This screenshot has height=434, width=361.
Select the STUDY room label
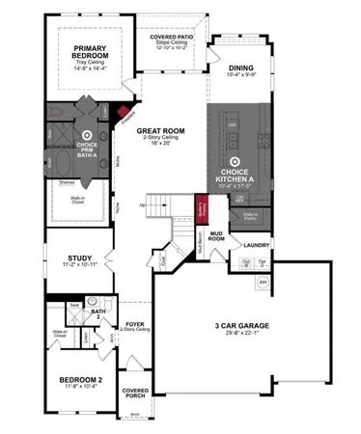pyautogui.click(x=80, y=258)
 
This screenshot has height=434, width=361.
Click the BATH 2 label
pyautogui.click(x=97, y=312)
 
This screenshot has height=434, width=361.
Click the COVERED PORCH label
pyautogui.click(x=135, y=393)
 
